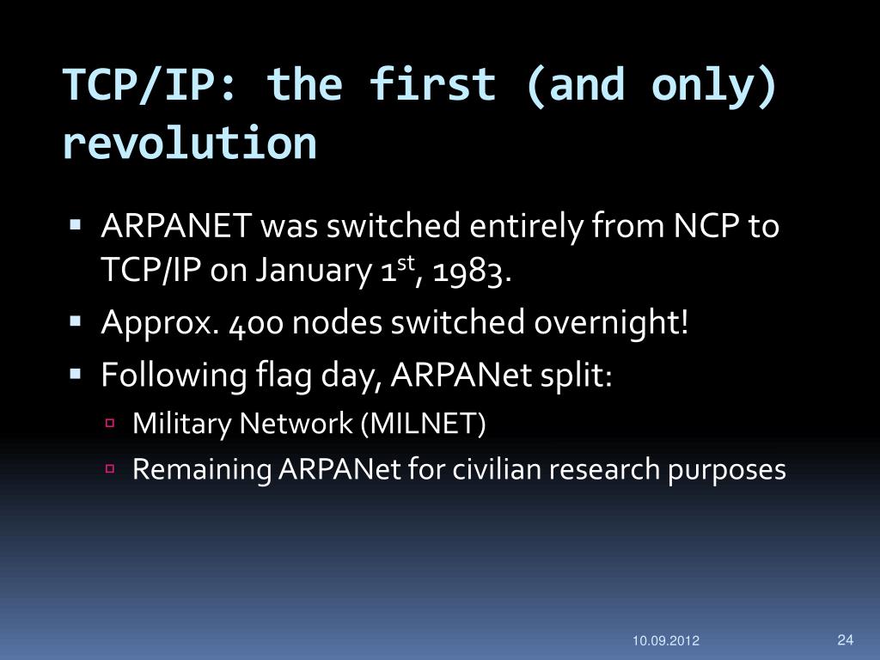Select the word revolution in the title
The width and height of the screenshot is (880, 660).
190,144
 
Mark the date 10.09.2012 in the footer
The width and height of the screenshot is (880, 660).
666,641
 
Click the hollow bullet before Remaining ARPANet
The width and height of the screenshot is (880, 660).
110,469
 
